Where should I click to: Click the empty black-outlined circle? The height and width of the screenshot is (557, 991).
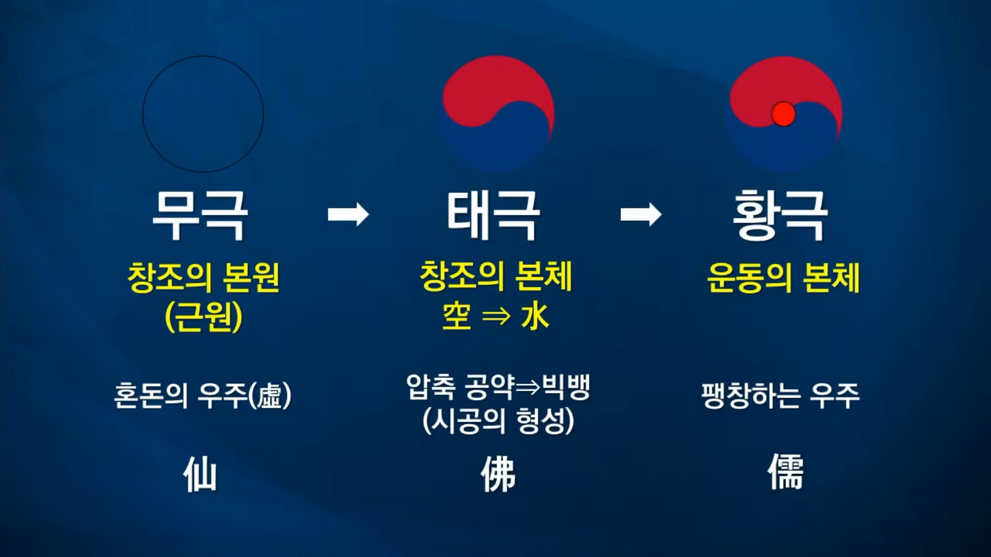pos(203,114)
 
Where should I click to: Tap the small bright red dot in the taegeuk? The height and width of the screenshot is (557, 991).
pos(783,114)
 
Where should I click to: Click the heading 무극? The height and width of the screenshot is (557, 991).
pos(200,215)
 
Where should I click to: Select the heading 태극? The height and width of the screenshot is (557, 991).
pos(493,215)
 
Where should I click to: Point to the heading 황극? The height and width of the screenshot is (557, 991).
pos(780,215)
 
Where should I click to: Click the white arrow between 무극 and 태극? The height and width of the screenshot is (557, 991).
pos(348,214)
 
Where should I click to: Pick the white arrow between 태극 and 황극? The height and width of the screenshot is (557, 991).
pos(641,214)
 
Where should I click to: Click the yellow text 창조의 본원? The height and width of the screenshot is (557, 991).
pos(203,278)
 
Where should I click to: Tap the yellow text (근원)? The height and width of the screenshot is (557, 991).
pos(203,316)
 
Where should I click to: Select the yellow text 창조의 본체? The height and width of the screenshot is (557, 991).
pos(496,277)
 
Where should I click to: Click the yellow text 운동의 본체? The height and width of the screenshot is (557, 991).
pos(783,278)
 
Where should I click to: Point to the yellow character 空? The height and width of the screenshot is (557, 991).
pos(457,316)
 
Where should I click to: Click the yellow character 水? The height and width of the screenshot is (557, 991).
pos(535,316)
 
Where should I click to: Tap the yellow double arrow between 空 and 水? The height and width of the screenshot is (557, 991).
pos(496,316)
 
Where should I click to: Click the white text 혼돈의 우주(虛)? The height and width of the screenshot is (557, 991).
pos(202,396)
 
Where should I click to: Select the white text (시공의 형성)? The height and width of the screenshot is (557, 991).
pos(498,421)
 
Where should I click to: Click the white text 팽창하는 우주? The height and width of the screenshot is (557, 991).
pos(780,396)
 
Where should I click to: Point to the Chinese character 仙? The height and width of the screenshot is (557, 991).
pos(200,474)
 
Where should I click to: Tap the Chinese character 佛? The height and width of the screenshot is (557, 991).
pos(498,474)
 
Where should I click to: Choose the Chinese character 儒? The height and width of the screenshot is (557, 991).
pos(785,472)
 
